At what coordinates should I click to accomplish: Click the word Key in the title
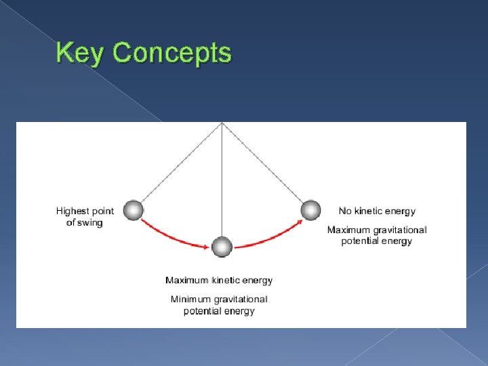tap(81, 53)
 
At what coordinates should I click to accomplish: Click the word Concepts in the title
tap(172, 53)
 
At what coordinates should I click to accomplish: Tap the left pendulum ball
tap(134, 211)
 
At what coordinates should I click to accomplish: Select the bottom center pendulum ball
tap(222, 247)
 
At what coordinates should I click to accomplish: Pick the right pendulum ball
tap(310, 211)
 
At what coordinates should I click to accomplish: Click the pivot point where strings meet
tap(222, 123)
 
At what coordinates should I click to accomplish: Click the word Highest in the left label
tap(72, 211)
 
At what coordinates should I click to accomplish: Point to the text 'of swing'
tap(85, 222)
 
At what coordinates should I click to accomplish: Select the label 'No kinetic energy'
tap(377, 211)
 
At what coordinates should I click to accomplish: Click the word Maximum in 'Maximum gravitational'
tap(348, 230)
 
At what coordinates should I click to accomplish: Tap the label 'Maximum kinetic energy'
tap(219, 280)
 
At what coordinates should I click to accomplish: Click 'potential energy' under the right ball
tap(376, 241)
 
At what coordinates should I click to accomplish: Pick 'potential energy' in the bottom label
tap(219, 310)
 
